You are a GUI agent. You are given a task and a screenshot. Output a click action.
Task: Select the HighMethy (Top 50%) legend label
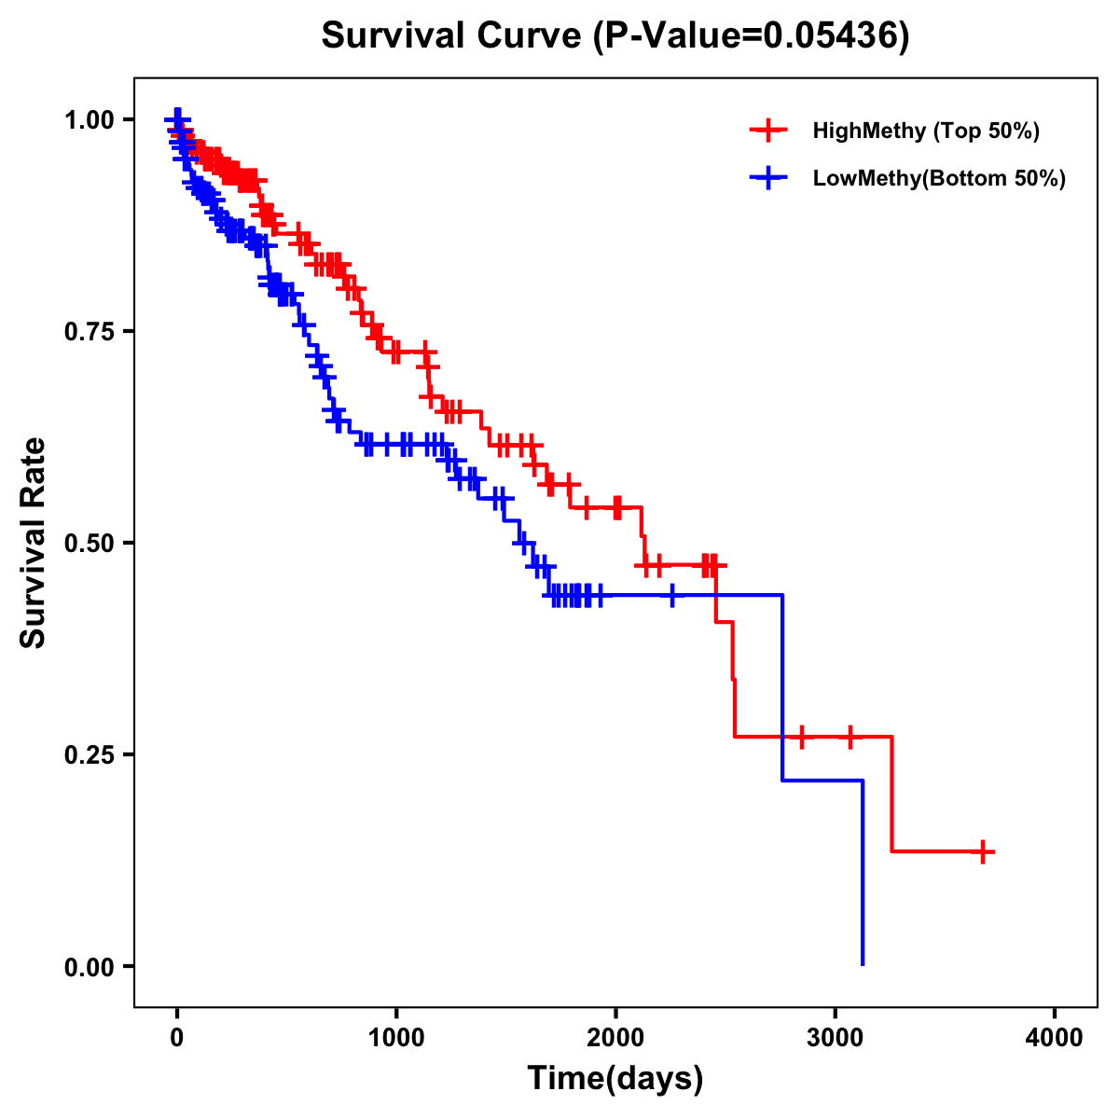(925, 131)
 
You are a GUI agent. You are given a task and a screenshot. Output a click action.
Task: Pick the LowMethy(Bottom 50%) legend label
(938, 178)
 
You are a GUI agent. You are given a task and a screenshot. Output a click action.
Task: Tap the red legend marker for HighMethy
(767, 131)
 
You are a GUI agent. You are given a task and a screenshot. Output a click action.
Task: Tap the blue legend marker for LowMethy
(767, 178)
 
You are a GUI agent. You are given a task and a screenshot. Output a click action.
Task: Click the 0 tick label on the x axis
(177, 1038)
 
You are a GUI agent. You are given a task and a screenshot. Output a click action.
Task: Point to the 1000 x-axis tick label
(396, 1038)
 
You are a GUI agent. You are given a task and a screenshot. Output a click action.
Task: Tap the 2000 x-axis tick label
(615, 1038)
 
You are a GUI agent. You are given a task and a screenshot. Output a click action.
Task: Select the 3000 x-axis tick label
(836, 1038)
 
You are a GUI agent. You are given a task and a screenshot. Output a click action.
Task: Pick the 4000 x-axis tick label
(1055, 1038)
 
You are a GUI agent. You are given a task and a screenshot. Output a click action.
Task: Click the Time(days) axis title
(615, 1079)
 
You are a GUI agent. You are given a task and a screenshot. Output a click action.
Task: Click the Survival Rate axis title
(35, 543)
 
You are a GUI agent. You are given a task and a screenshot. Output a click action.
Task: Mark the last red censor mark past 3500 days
(983, 851)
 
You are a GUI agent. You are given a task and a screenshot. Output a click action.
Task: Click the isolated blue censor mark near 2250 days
(671, 595)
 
